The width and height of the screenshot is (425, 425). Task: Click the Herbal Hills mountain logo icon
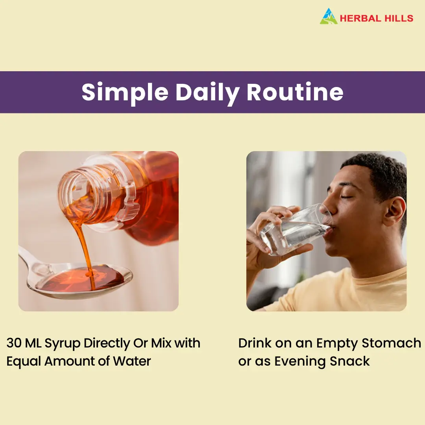[329, 16]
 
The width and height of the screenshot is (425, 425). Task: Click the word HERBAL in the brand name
[357, 18]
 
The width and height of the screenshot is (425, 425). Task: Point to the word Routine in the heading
[295, 92]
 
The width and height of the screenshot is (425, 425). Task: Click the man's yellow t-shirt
[339, 290]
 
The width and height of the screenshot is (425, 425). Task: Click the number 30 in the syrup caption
[13, 343]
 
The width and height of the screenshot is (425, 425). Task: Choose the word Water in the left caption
[132, 361]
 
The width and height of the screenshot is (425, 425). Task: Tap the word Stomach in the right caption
[392, 343]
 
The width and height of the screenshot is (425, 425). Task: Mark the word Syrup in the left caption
[63, 344]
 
